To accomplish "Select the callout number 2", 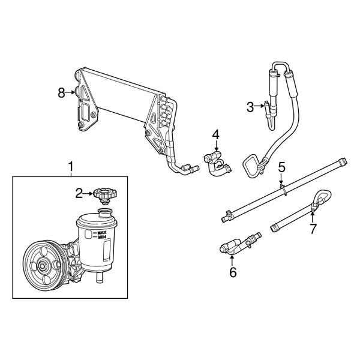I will [x=79, y=193].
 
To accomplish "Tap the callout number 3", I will [x=250, y=107].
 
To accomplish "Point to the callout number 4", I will [x=215, y=134].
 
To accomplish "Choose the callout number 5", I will [x=281, y=166].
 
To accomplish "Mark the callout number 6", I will [x=233, y=272].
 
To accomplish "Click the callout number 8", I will [x=61, y=92].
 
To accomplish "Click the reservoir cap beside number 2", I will [x=105, y=194].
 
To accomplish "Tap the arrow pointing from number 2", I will [x=88, y=193].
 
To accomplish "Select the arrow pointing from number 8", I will [x=70, y=92].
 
